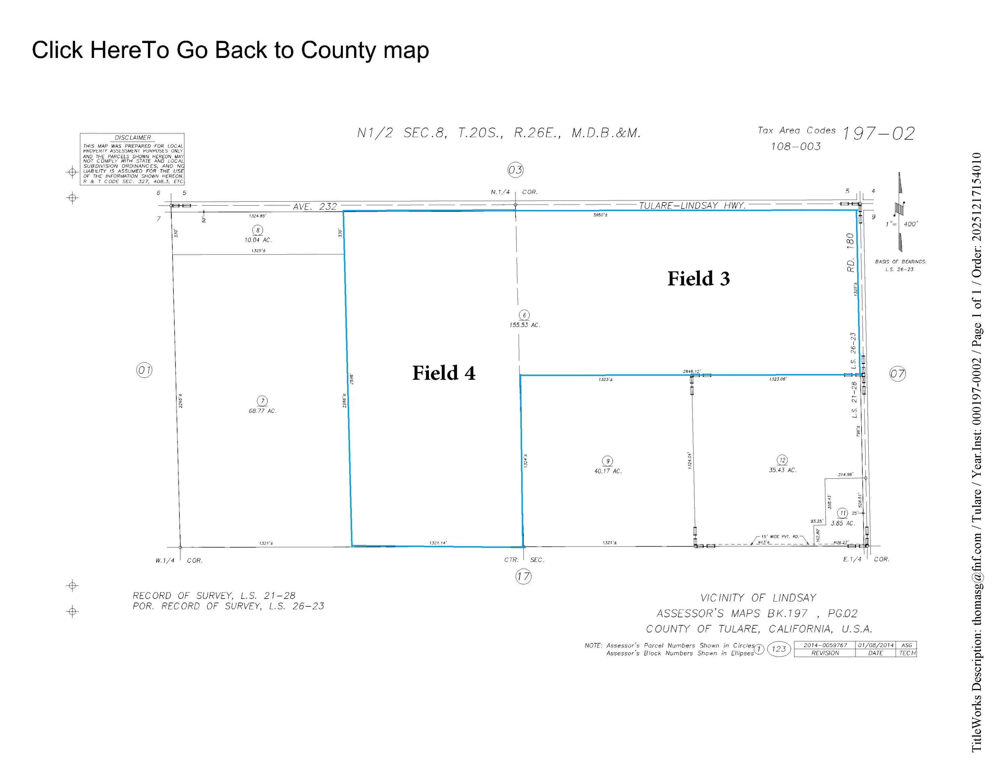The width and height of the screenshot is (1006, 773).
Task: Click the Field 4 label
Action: click(x=443, y=373)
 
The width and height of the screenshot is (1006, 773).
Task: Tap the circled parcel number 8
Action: click(x=258, y=230)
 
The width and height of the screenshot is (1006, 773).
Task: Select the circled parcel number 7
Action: click(x=263, y=401)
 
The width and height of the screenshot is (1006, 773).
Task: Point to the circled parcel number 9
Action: click(x=608, y=461)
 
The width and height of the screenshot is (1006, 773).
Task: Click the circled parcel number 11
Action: click(x=842, y=513)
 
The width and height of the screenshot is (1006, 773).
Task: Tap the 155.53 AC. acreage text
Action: click(x=524, y=325)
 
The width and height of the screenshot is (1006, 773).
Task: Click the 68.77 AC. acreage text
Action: click(x=263, y=411)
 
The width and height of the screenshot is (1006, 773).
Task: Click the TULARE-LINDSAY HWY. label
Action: click(x=692, y=205)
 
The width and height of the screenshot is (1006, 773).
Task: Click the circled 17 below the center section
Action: click(x=523, y=576)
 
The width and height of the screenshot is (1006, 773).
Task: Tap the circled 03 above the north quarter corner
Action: click(x=515, y=170)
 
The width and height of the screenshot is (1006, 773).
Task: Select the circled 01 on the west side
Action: click(x=145, y=370)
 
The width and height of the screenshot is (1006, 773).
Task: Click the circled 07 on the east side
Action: click(x=897, y=374)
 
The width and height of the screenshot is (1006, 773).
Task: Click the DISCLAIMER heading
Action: click(x=132, y=138)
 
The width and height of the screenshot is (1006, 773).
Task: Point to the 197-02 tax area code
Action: click(x=878, y=134)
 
